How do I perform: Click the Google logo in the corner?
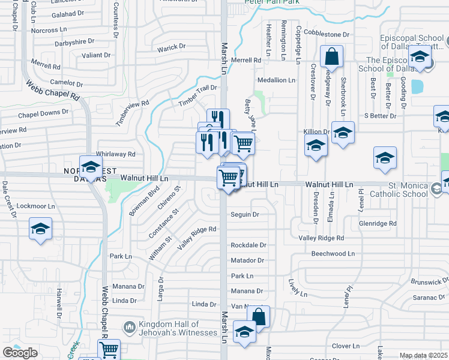pyautogui.click(x=20, y=352)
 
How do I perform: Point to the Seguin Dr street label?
pyautogui.click(x=245, y=214)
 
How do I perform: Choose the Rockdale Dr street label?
pyautogui.click(x=248, y=245)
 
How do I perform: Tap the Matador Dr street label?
pyautogui.click(x=247, y=260)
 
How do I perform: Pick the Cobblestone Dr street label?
pyautogui.click(x=327, y=34)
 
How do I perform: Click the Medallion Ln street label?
pyautogui.click(x=276, y=80)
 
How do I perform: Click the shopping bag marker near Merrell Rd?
pyautogui.click(x=331, y=57)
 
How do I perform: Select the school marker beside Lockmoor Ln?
pyautogui.click(x=40, y=229)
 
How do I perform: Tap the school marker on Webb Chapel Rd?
pyautogui.click(x=91, y=167)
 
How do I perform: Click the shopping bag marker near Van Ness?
pyautogui.click(x=258, y=316)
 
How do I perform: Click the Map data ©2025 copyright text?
pyautogui.click(x=424, y=355)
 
